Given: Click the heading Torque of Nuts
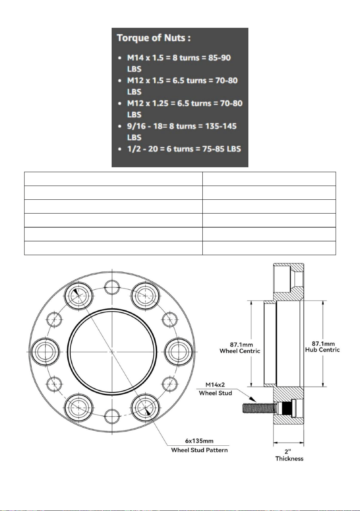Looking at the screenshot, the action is click(153, 38).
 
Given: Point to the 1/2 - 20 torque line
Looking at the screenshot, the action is click(184, 149).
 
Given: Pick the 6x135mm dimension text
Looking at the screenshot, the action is click(199, 441).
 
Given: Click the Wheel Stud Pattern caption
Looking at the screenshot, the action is click(199, 450).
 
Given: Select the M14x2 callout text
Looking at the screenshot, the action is click(215, 385).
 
